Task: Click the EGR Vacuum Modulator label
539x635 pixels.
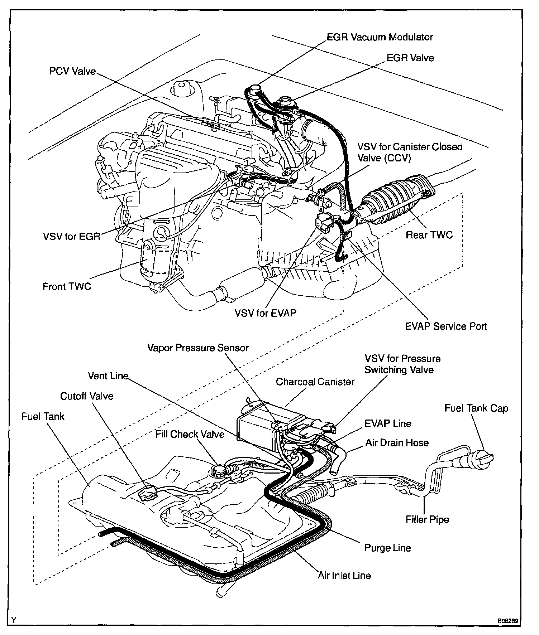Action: tap(380, 37)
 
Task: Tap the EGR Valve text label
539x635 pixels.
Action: tap(410, 58)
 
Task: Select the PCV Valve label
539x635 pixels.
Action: tap(72, 72)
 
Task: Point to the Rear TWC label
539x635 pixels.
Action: tap(429, 235)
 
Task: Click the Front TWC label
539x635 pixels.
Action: tap(67, 286)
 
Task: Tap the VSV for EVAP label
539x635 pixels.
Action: tap(266, 313)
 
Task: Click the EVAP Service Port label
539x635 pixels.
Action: tap(446, 326)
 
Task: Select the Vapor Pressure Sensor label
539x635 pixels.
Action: tap(198, 348)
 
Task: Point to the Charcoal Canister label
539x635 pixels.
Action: tap(315, 382)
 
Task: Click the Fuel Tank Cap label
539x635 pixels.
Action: tap(476, 408)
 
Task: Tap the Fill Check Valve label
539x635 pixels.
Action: tap(190, 434)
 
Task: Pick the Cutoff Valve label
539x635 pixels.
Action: tap(87, 396)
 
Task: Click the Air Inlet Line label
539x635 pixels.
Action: tap(344, 575)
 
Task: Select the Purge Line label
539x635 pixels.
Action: tap(387, 548)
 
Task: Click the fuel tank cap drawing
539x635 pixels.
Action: tap(482, 459)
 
